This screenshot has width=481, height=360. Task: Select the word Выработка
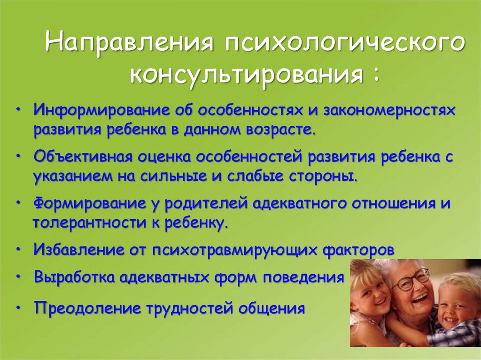(x=75, y=277)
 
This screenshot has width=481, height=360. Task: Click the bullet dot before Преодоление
(x=19, y=307)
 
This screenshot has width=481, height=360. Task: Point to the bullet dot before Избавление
(x=19, y=249)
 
